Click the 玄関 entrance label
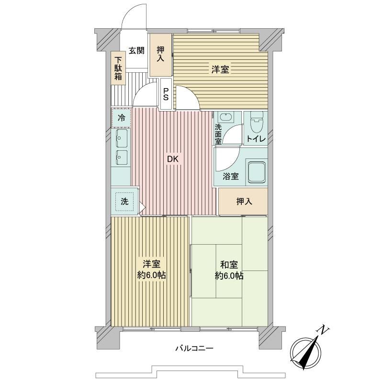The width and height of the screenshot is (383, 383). pos(136,51)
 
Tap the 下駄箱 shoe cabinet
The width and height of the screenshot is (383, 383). pos(118,68)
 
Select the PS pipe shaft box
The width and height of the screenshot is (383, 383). pos(166,94)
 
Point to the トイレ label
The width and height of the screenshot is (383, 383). pos(256,139)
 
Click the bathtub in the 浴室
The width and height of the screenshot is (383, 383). pos(257,172)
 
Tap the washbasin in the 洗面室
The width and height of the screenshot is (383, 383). pos(226,117)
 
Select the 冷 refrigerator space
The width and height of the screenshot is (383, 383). pos(122,118)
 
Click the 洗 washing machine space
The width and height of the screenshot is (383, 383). pos(125,202)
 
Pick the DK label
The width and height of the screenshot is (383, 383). pos(173,159)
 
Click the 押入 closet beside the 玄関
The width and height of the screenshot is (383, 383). pos(160,55)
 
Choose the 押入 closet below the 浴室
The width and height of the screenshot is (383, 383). pos(243,202)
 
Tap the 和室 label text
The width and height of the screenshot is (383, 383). pos(229,265)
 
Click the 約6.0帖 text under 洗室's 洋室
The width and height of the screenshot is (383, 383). pos(151,275)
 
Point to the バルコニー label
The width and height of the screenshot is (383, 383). pos(194,348)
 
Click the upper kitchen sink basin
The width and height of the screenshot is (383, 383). pos(122,138)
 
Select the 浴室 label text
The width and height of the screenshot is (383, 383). pos(230,176)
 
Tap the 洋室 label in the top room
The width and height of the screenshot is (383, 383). pos(220,69)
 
